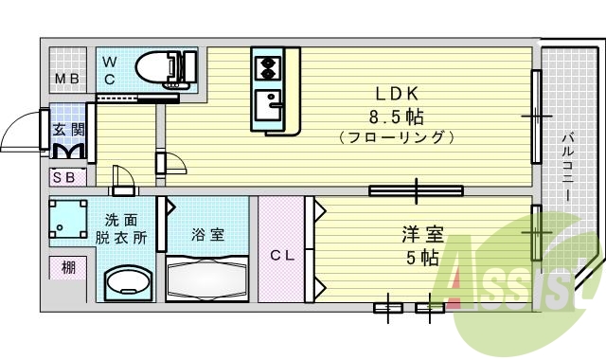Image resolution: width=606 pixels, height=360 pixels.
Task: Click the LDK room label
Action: point(397,96)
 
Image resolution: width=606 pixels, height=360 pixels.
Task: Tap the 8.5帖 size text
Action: point(397,117)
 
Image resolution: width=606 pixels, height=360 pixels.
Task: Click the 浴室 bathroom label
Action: point(209,234)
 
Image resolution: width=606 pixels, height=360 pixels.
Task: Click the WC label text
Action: point(110,70)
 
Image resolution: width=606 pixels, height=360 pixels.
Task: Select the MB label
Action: point(65,78)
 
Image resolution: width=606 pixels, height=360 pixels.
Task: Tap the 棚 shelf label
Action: point(68,269)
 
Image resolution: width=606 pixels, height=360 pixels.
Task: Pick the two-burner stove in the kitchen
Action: point(267,68)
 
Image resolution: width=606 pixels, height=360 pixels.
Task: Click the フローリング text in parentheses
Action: point(397,137)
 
